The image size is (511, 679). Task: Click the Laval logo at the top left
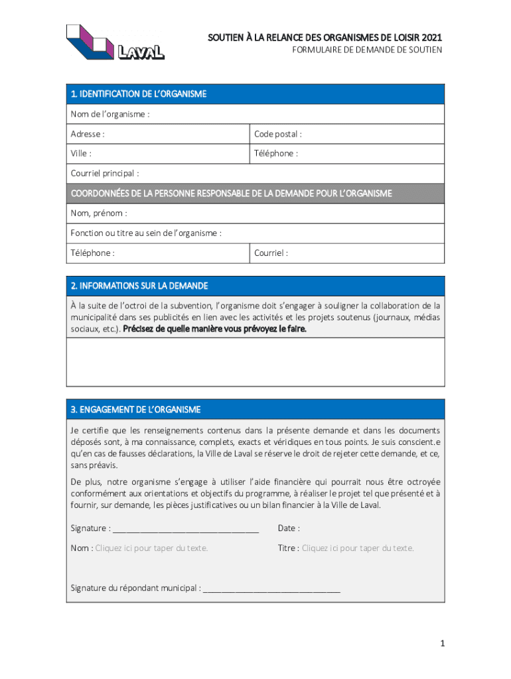coord(115,42)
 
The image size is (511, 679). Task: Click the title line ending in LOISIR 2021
coord(325,38)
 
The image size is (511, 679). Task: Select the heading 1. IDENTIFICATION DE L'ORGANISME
coord(139,94)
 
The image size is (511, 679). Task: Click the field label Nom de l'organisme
coord(110,114)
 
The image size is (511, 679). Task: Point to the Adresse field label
coord(88,134)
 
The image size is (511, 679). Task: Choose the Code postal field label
coord(277,134)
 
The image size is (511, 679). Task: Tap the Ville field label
coord(81,153)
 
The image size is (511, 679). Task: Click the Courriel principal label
coord(105,174)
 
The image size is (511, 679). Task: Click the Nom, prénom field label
coord(99,214)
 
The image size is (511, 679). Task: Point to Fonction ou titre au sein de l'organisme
coord(146,233)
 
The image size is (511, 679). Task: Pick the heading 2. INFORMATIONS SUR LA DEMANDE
coord(139,286)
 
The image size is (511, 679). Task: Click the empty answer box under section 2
coord(255,362)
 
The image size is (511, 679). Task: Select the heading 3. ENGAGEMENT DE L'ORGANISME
coord(135,409)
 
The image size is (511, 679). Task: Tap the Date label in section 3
coord(289,528)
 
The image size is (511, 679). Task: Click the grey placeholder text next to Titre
coord(358,548)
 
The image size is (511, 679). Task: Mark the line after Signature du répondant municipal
coord(271,588)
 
